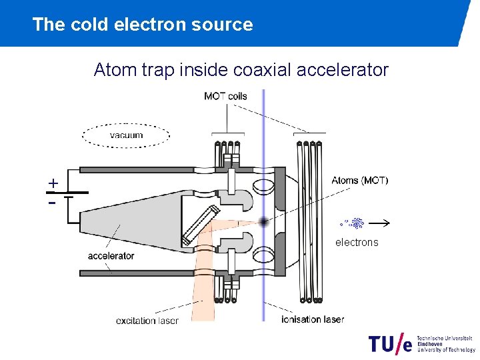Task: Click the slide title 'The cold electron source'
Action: [142, 25]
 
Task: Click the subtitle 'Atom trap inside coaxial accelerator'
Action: [241, 69]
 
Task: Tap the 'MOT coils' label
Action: [225, 96]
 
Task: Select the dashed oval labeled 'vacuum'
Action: [126, 136]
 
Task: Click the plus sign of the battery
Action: [53, 183]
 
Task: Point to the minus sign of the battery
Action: [52, 201]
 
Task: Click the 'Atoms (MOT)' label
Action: [359, 180]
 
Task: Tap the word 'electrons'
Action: [356, 243]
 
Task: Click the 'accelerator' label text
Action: [111, 256]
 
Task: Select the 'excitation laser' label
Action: [147, 321]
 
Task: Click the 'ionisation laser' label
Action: [313, 319]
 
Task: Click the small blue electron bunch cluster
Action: [357, 223]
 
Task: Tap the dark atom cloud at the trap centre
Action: [264, 221]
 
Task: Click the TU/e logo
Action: [390, 343]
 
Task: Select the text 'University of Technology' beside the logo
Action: [446, 349]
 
